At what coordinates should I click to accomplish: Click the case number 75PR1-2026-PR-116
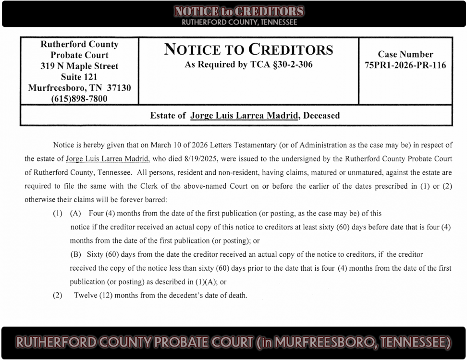[405, 65]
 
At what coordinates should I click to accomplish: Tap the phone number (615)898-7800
[79, 99]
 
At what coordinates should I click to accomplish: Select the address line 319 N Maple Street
[79, 66]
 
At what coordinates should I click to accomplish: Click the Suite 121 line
[79, 77]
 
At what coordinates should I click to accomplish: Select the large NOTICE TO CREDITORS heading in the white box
[248, 49]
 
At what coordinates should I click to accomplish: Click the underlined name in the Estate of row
[244, 115]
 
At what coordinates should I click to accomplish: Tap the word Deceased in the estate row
[321, 115]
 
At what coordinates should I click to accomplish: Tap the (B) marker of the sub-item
[75, 254]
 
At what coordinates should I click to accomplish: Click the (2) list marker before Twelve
[58, 295]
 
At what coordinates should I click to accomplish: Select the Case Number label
[405, 54]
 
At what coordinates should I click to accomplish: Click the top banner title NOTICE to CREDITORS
[239, 12]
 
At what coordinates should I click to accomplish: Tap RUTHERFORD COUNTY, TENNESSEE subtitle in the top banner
[239, 22]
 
